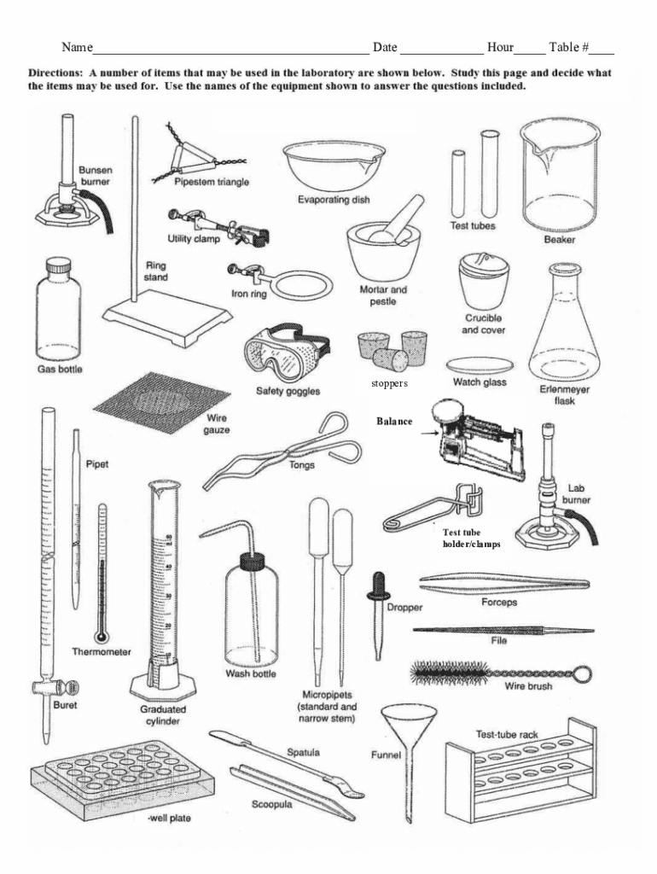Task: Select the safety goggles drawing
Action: point(286,353)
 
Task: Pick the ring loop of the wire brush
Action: point(583,674)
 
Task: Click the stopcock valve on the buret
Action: point(55,689)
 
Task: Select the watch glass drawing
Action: point(480,366)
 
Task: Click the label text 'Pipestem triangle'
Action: point(212,182)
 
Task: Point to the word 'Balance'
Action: point(394,422)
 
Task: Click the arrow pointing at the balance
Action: point(429,433)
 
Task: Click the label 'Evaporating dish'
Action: point(334,200)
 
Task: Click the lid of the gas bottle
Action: point(58,265)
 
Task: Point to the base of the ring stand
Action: point(167,317)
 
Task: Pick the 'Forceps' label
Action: point(499,602)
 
